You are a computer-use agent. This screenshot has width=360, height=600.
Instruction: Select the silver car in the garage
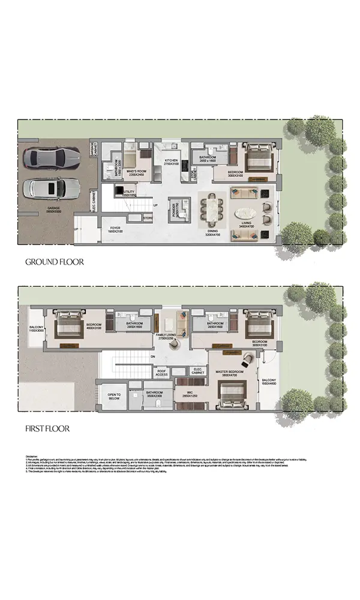pos(51,188)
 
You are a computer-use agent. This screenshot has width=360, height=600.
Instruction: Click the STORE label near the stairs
pos(148,218)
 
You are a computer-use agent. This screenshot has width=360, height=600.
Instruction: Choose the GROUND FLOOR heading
pos(54,262)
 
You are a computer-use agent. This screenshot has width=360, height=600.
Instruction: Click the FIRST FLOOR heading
pos(47,428)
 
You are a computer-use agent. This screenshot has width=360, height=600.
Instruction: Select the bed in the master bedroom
pos(232,396)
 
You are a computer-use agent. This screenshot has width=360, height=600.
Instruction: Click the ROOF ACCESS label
pos(161,372)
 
